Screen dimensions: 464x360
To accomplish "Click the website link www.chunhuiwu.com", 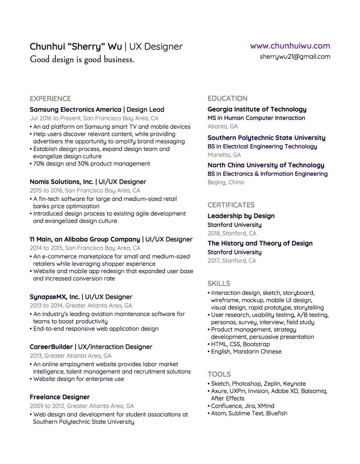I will [x=290, y=46].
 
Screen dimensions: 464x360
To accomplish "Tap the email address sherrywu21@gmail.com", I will [x=295, y=57].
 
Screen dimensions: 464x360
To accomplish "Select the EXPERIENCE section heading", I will [x=50, y=98].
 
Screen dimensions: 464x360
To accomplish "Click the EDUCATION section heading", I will [x=227, y=98].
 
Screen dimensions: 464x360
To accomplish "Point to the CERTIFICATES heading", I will [x=231, y=205].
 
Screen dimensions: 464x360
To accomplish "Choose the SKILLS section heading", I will [x=219, y=283].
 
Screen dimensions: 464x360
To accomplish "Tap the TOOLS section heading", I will [x=219, y=374].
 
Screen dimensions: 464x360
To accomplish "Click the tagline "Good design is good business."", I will [x=82, y=59].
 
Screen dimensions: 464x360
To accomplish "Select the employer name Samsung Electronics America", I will [x=76, y=109].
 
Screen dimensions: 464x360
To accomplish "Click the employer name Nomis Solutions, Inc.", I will [x=62, y=182].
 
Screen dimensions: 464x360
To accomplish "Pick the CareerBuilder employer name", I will [x=51, y=347].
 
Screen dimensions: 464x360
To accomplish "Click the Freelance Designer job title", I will [x=59, y=397].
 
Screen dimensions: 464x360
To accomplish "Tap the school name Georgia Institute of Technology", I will [x=257, y=109].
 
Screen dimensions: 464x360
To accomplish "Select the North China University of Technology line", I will [x=265, y=165].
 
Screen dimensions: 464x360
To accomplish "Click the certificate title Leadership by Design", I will [x=241, y=216].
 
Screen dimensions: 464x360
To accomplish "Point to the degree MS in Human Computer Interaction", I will [x=256, y=118].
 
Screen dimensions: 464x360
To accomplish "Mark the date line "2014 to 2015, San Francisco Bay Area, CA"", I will [x=85, y=248].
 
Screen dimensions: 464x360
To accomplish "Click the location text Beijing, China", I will [x=225, y=182].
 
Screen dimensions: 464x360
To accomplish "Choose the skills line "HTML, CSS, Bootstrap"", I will [x=240, y=344].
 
